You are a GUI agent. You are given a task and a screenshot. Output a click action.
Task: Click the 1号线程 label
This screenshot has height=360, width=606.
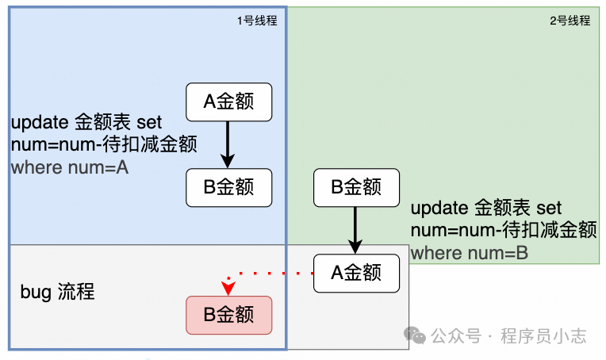pos(257,21)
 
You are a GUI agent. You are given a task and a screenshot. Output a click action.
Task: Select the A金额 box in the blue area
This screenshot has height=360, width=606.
pos(228,101)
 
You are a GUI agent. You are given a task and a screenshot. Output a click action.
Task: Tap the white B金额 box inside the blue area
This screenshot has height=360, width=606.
pos(228,187)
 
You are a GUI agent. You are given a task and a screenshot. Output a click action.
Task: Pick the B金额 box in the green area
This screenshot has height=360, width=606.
pos(355,187)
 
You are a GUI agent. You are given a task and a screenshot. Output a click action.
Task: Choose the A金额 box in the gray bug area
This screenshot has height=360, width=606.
pos(355,273)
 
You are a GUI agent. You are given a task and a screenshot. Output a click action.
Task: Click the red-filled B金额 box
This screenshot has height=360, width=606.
pos(228,315)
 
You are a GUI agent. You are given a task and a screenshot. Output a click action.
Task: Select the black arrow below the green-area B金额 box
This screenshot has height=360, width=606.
pos(355,230)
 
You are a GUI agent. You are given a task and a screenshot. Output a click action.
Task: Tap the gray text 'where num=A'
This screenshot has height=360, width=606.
pos(70,168)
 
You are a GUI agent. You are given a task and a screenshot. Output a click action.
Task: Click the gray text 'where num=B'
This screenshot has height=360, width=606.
pos(470,253)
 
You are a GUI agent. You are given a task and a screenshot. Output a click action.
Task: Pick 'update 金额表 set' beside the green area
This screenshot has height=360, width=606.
pos(485,209)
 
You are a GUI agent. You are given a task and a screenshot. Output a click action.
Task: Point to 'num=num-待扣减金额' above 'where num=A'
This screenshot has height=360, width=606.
pos(103,145)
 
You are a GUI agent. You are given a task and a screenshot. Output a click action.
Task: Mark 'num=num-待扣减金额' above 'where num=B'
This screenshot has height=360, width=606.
pos(503,231)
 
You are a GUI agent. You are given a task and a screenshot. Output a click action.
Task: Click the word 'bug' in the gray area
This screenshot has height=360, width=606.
pos(36,292)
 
